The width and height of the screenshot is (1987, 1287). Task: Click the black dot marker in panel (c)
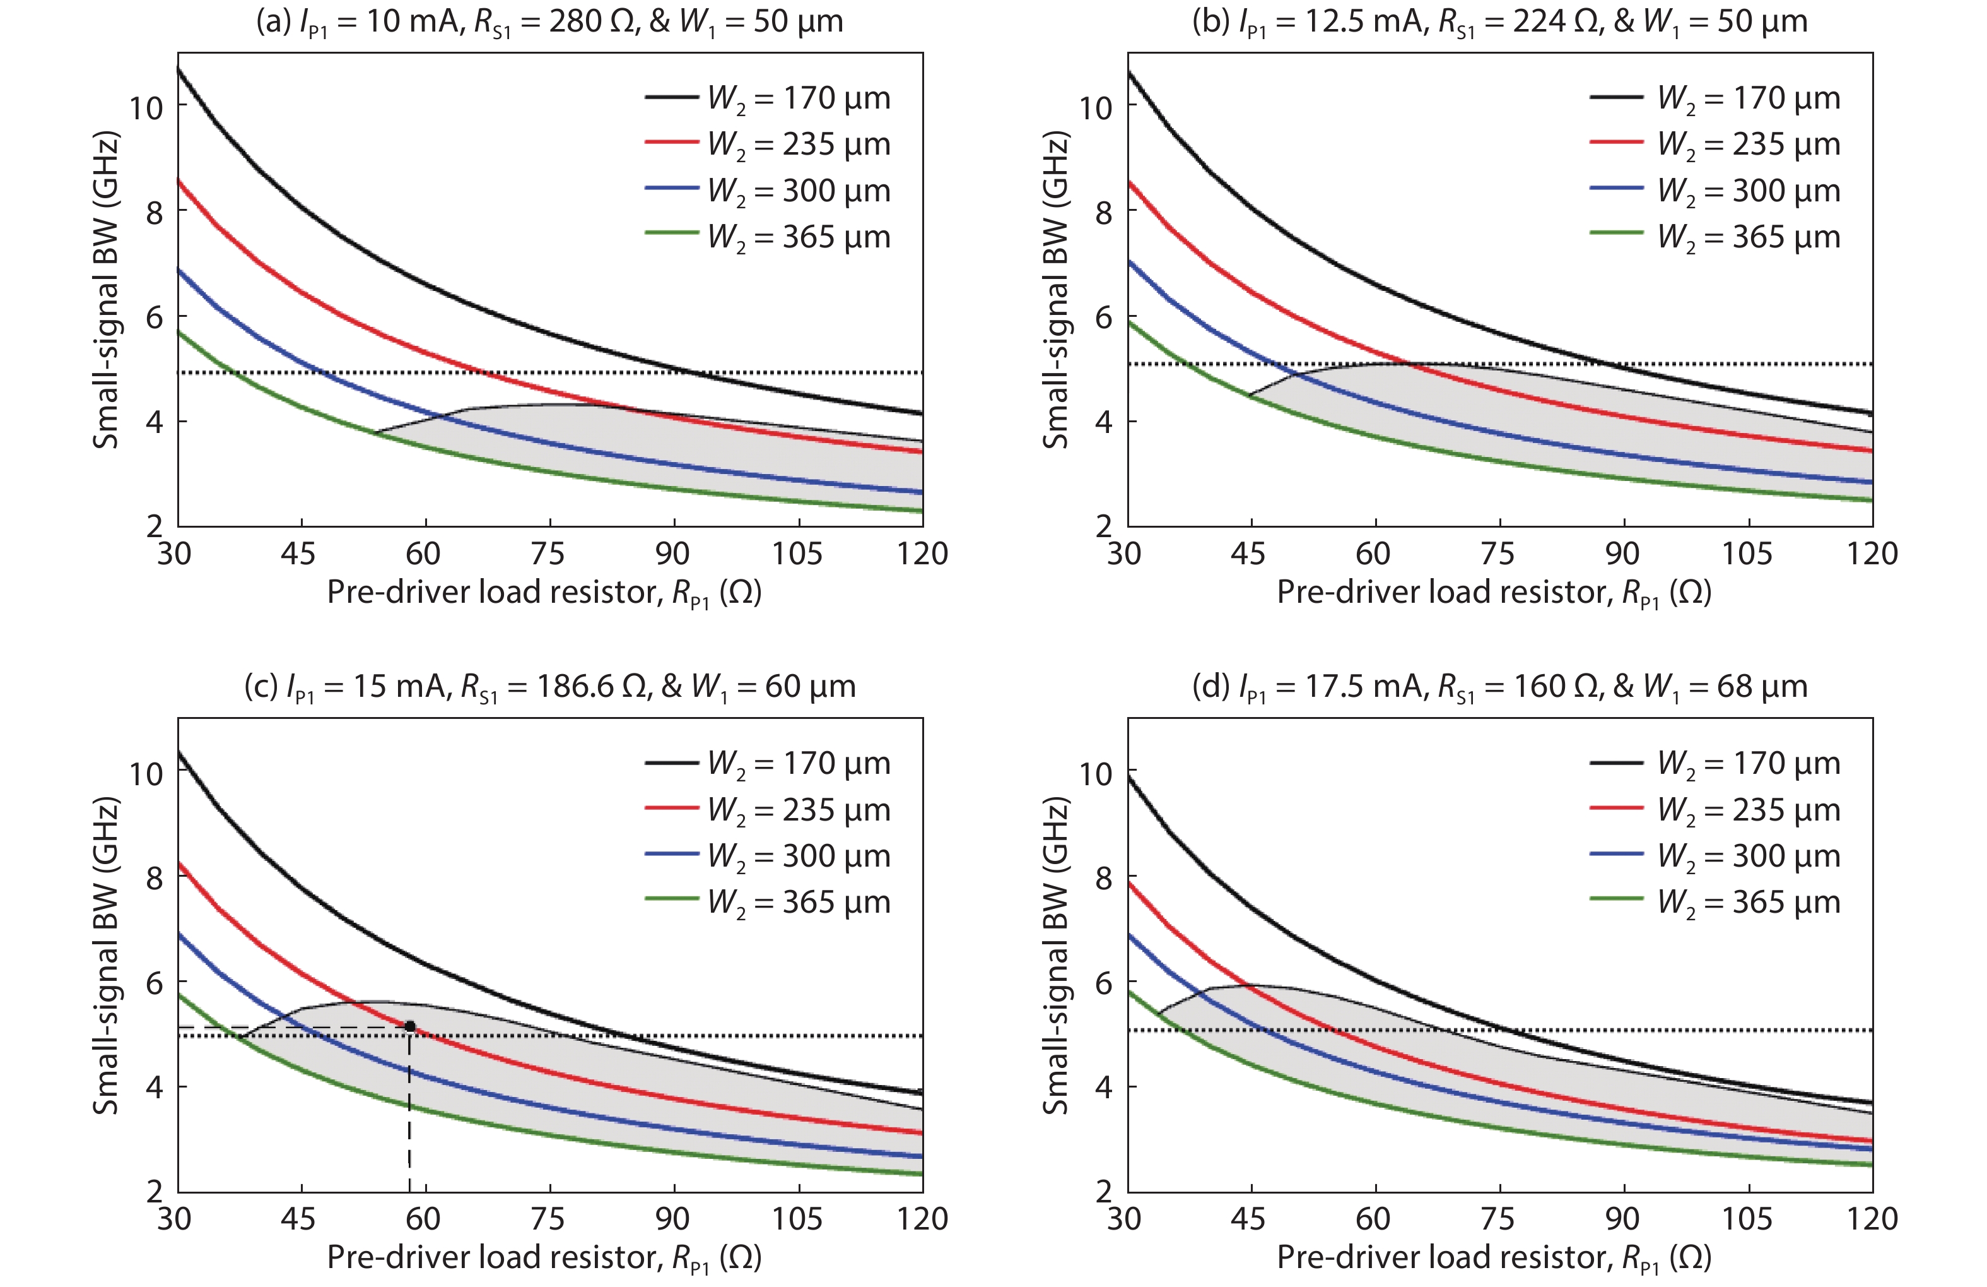[410, 1026]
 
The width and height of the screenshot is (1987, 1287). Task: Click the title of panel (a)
[549, 21]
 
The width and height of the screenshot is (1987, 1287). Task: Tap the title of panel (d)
[1499, 687]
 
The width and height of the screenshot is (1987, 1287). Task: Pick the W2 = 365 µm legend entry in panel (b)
[1715, 237]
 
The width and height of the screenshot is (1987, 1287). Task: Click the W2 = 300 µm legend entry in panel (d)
[1715, 856]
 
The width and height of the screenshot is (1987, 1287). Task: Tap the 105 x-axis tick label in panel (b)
[1747, 554]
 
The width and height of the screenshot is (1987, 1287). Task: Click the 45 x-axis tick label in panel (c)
[298, 1219]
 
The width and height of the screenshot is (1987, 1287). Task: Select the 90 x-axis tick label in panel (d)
[1622, 1219]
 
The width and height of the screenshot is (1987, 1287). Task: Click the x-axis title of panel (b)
[1494, 593]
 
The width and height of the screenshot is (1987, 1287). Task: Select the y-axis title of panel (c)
[106, 956]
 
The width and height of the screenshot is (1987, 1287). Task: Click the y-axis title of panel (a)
[106, 290]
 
